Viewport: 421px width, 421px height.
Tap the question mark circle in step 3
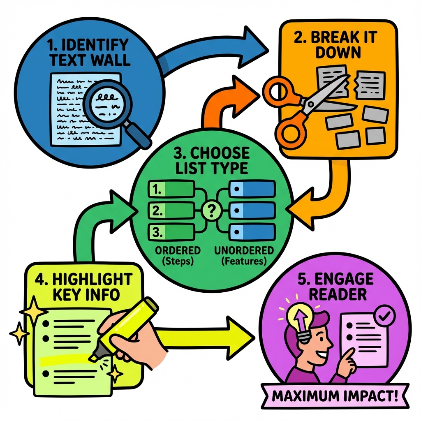[x=211, y=211]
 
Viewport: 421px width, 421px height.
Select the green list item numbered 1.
[x=170, y=190]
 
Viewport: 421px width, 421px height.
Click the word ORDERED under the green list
[x=178, y=250]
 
